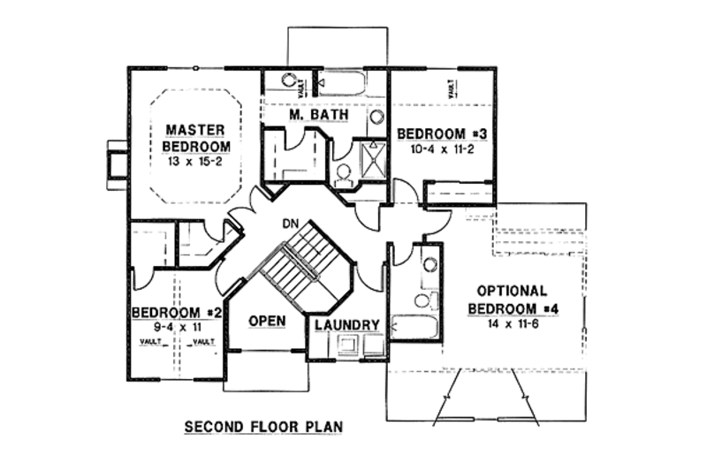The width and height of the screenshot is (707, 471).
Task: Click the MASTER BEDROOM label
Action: (197, 139)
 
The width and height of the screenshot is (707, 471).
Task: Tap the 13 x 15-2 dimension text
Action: (197, 162)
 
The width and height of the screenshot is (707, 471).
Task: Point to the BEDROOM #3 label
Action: (442, 133)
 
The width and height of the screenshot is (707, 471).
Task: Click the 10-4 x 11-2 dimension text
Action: (441, 149)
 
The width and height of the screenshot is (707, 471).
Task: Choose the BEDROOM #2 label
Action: (176, 313)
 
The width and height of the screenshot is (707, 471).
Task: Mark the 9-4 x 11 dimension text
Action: (174, 328)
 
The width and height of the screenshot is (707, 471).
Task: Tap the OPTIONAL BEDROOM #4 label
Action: (512, 299)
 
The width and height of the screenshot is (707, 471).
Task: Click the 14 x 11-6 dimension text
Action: (513, 324)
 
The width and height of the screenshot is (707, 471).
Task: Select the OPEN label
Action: (265, 321)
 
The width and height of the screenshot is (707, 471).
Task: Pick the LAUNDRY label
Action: (347, 325)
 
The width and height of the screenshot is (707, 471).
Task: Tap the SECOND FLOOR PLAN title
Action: (262, 427)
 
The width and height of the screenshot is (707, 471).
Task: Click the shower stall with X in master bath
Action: (372, 162)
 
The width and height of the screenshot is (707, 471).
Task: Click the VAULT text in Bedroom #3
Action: (452, 88)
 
